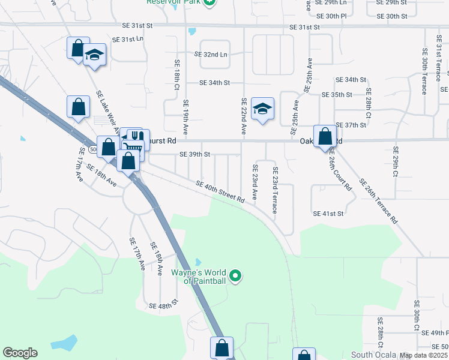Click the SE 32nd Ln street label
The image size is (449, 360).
pos(211,54)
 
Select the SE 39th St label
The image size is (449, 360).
pos(194,154)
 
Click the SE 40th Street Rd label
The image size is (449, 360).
pos(220,191)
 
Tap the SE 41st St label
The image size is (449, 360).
pos(328,214)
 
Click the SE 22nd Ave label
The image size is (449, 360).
pos(244,116)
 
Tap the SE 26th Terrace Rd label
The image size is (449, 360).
pos(378,202)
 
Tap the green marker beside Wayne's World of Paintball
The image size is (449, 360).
pos(236,276)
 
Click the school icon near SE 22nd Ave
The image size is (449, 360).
pos(262,109)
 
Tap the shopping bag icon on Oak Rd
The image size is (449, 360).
pos(325,136)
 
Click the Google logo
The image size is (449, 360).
pos(20,353)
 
